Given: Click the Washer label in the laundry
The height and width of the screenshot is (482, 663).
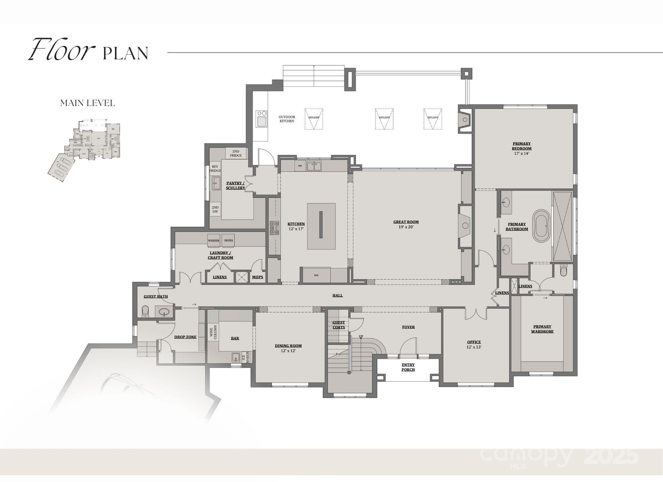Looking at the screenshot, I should coord(213,240).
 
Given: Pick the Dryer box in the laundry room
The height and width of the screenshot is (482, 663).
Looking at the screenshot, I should coord(228,240).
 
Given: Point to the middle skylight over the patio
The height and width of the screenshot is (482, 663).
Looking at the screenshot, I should coord(384,118).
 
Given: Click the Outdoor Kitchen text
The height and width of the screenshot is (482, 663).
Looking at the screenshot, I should coord(287,119).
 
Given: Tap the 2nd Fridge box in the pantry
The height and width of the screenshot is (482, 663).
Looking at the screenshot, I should coord(236,153).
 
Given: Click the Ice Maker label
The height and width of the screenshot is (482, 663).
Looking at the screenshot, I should coord(245,358).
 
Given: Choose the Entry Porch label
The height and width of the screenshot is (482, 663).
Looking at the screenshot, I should coord(408,367).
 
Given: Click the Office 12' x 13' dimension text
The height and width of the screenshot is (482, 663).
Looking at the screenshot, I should coord(474,347).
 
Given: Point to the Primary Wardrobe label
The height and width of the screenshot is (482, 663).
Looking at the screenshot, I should coord(542,329).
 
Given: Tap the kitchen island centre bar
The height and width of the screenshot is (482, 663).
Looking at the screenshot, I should coord(321,224).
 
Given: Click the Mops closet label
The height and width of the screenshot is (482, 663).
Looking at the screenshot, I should coord(257,277).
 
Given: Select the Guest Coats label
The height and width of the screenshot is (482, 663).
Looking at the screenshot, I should coord(338,325).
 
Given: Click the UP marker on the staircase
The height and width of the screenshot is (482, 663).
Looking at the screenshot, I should coord(361,336).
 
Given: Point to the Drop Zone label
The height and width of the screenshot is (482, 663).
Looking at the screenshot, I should coord(185,337).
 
